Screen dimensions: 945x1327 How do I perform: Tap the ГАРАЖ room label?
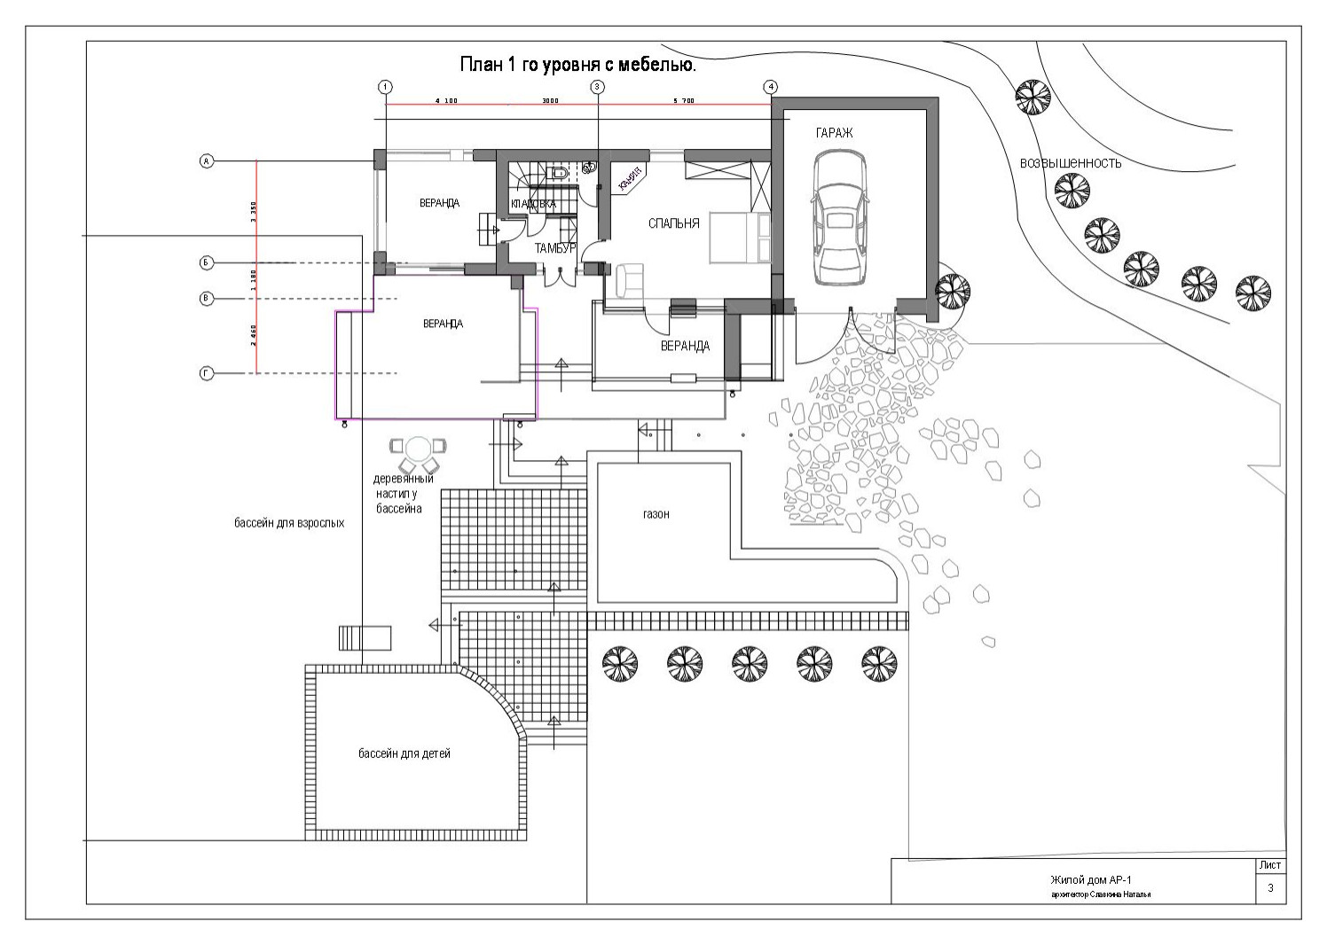[x=834, y=133]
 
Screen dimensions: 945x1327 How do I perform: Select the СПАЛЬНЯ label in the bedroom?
[x=674, y=223]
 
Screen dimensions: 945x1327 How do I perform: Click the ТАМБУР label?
[x=556, y=248]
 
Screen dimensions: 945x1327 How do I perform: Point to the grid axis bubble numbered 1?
[x=386, y=86]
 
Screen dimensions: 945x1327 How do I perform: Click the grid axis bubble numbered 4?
[x=771, y=86]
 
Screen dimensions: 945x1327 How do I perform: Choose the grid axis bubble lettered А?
[x=206, y=161]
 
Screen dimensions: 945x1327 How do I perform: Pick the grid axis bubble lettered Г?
[x=206, y=374]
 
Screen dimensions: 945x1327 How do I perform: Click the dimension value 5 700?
[x=684, y=101]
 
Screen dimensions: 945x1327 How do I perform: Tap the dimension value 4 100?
[x=446, y=101]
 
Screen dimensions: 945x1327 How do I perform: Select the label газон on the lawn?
[x=656, y=514]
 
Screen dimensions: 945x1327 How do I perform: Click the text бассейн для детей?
[x=404, y=754]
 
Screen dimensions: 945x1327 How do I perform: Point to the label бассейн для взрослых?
[x=289, y=523]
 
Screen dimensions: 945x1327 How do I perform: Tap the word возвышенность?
[x=1071, y=163]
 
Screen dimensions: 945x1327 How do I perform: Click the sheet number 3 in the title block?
[x=1270, y=888]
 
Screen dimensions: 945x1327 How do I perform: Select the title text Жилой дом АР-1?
[x=1089, y=880]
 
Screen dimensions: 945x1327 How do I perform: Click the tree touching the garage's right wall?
[x=952, y=288]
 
